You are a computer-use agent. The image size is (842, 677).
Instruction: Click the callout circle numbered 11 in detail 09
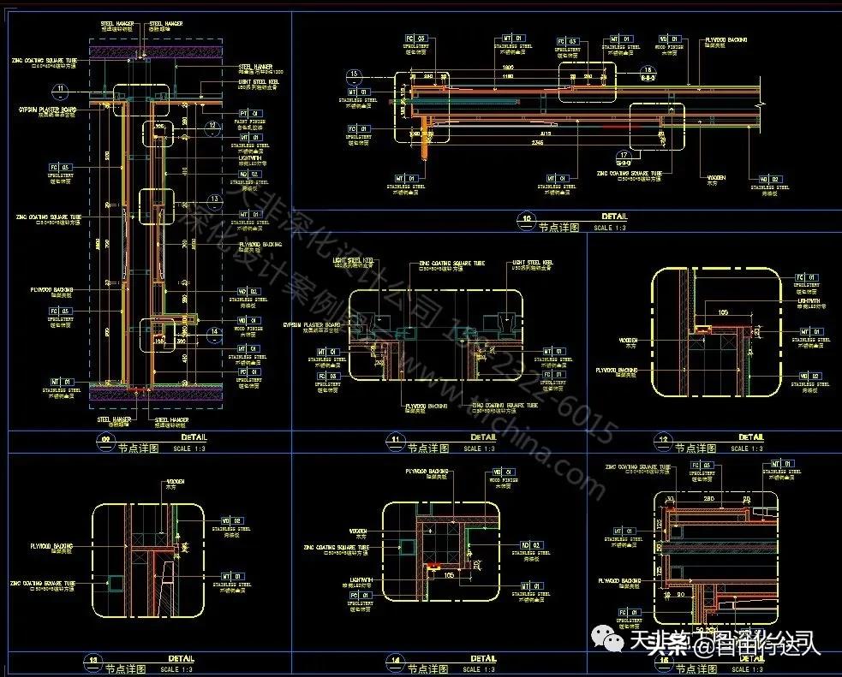pos(60,89)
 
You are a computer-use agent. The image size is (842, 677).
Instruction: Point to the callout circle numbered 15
pos(354,74)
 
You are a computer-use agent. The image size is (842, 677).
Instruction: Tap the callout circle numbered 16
pos(648,69)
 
